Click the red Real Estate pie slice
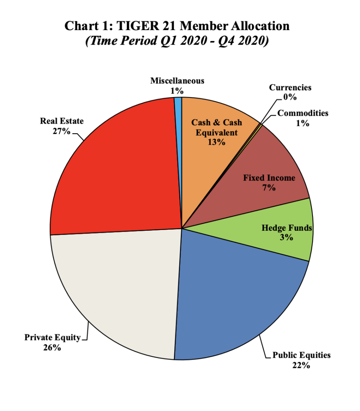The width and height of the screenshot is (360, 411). (x=117, y=169)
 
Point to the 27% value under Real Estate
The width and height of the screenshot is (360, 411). (x=61, y=131)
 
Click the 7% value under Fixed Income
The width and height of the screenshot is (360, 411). (x=269, y=187)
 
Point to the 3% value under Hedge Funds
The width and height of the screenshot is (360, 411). (x=286, y=237)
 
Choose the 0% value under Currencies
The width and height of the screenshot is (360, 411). (x=290, y=97)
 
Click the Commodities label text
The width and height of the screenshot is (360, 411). (x=303, y=113)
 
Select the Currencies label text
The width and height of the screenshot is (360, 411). (x=290, y=87)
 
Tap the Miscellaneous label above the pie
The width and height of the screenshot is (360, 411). (x=177, y=81)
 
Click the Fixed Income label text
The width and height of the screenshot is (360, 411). (x=269, y=178)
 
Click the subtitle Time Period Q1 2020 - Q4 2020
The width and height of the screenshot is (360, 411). (x=177, y=41)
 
